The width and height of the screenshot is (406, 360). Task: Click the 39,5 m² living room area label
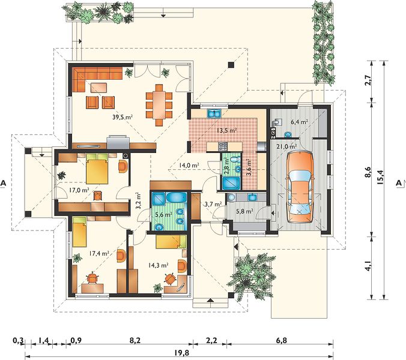(123, 117)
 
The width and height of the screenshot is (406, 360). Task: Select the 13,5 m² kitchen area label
(227, 130)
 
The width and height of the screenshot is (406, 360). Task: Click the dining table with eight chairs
(159, 105)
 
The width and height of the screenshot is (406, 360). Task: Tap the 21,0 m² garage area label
(286, 146)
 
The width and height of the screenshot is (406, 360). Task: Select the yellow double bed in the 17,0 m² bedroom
(97, 169)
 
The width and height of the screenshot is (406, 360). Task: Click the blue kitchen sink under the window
(214, 113)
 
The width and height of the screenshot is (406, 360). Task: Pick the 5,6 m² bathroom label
(163, 214)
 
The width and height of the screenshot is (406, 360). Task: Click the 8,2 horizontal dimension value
(135, 340)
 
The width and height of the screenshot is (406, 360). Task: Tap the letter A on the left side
(3, 183)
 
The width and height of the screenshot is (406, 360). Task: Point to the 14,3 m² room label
(159, 265)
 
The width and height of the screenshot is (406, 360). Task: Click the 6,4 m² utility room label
(299, 122)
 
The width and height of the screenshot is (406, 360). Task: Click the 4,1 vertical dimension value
(368, 266)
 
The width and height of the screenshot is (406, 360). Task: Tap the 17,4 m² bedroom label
(99, 254)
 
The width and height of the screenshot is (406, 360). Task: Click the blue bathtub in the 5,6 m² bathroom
(175, 197)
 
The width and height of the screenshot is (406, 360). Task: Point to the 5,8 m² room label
(244, 211)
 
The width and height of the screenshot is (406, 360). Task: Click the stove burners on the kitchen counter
(223, 146)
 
